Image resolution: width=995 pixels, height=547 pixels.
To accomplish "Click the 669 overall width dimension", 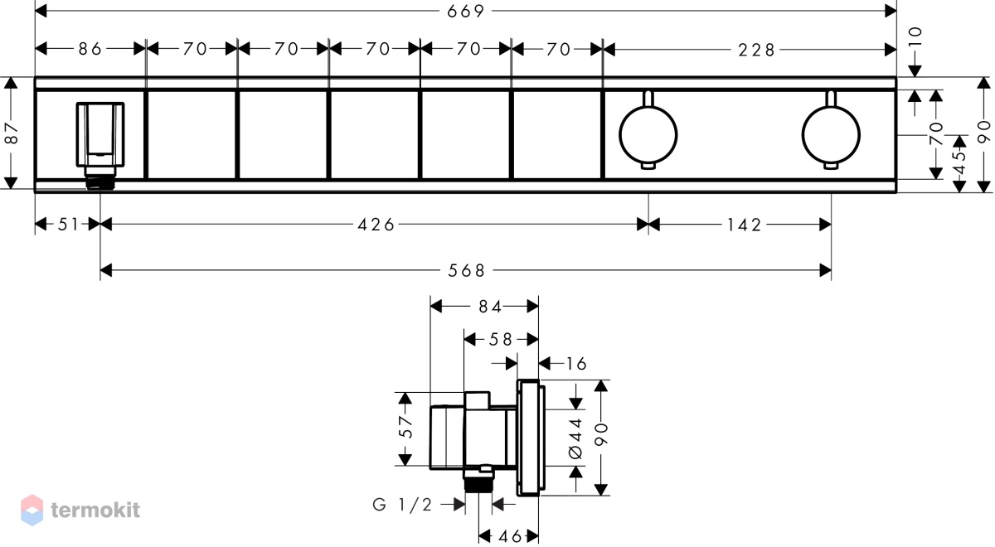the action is tap(465, 11).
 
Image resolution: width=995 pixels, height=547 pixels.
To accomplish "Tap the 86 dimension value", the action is tap(90, 49).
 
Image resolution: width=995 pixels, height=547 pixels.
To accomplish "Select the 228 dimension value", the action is tap(756, 51).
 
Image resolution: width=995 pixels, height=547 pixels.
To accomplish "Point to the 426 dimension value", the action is tap(376, 225).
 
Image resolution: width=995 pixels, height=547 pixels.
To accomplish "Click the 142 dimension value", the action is tap(744, 225).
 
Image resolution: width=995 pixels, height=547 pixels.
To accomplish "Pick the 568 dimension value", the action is tap(466, 270).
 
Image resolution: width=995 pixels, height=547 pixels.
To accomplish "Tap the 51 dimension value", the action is tap(68, 225).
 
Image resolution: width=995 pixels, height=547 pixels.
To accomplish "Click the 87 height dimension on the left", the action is tap(12, 133).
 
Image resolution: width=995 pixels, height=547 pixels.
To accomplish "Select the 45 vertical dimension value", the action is tap(960, 162).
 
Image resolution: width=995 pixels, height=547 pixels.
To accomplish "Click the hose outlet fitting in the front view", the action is tap(100, 146).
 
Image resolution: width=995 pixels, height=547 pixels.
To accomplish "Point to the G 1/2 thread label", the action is tap(402, 505).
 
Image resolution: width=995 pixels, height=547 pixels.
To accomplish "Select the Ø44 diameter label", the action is tap(575, 438).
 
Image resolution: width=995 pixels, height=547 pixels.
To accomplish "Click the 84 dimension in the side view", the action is tap(490, 307).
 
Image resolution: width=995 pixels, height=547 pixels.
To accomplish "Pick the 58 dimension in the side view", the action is tap(501, 340).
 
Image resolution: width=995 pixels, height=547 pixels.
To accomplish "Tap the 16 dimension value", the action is tap(576, 364).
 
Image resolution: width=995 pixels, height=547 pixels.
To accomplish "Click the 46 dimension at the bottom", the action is tap(510, 536).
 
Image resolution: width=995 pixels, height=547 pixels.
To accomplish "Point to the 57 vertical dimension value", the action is tap(406, 427).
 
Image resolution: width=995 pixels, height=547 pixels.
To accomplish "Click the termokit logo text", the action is tap(95, 510).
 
